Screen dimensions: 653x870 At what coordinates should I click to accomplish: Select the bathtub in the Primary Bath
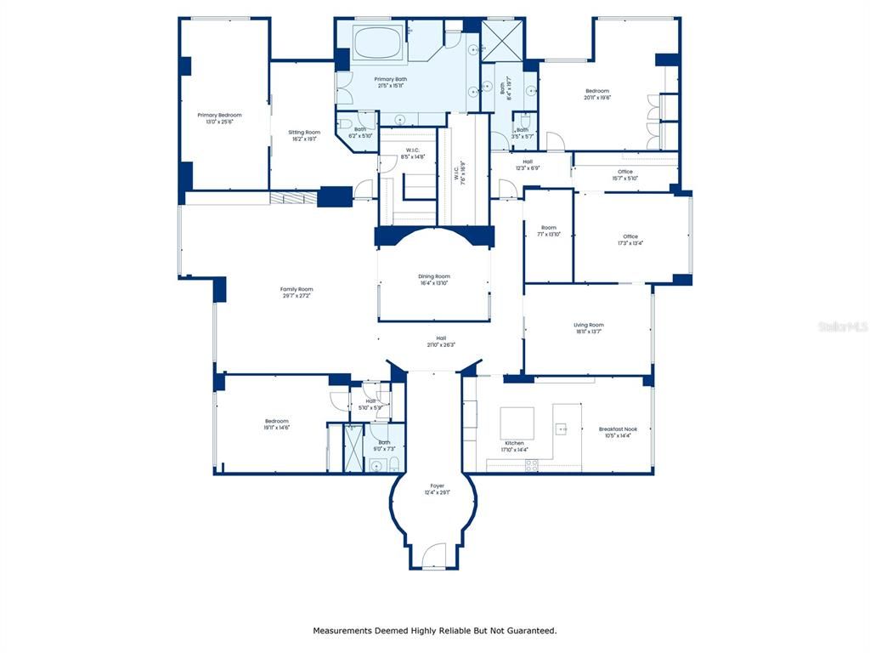377,43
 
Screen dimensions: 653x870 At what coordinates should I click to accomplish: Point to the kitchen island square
517,423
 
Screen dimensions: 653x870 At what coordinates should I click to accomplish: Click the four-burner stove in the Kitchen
531,464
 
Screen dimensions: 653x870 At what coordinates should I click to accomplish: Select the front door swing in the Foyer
433,558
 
